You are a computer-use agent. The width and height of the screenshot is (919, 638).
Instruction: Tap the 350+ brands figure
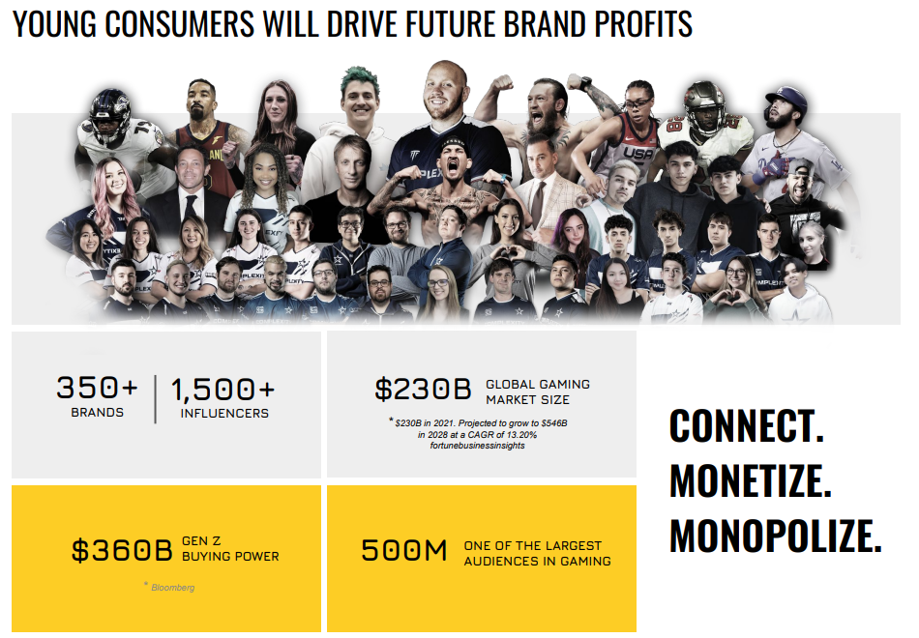[x=98, y=388]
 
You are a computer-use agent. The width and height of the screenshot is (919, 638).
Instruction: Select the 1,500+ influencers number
[x=222, y=391]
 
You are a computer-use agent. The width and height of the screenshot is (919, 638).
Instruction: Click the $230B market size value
[x=423, y=389]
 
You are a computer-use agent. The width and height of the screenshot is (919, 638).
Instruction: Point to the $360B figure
[x=122, y=550]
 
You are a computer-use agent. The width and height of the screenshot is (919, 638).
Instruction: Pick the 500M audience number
[x=403, y=550]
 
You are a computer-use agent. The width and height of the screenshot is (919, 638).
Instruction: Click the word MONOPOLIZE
[x=776, y=536]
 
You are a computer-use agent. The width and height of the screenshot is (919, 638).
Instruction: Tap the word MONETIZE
[x=751, y=481]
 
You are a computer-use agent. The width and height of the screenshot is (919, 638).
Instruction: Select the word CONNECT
[x=747, y=426]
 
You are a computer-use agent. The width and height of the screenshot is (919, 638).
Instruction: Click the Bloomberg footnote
[x=172, y=587]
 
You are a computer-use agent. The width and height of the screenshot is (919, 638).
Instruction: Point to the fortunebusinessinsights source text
[x=477, y=446]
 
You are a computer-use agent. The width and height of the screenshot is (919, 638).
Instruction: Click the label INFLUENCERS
[x=224, y=414]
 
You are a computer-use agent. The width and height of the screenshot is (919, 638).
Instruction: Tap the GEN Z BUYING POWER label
[x=230, y=548]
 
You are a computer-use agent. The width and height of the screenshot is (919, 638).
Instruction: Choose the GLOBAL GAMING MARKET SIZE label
[x=538, y=391]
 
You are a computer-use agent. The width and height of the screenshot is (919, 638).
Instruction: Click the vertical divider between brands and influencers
[x=156, y=399]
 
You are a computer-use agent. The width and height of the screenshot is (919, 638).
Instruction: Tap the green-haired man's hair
[x=360, y=79]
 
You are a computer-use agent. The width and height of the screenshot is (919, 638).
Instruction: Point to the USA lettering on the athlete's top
[x=637, y=154]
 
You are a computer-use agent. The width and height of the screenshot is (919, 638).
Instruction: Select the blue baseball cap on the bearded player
[x=786, y=98]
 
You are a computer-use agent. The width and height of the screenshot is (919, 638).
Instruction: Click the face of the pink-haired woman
[x=115, y=181]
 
